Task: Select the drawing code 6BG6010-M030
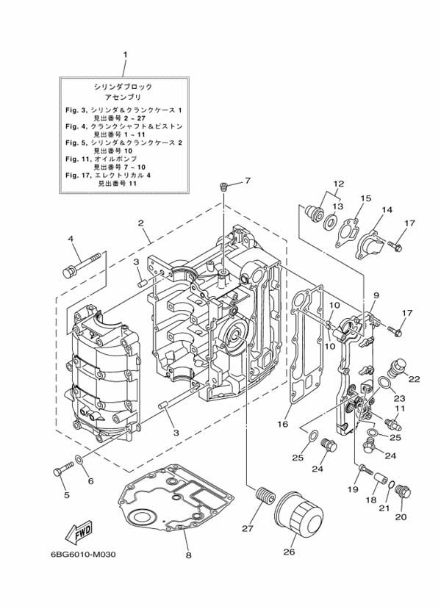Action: (85, 555)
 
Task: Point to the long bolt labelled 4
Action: (82, 267)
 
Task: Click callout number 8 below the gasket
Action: (187, 555)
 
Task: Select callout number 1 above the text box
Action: (125, 54)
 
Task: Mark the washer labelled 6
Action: (79, 463)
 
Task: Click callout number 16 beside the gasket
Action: (283, 425)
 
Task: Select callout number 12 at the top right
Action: (337, 183)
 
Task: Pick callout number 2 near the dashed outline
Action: (140, 223)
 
